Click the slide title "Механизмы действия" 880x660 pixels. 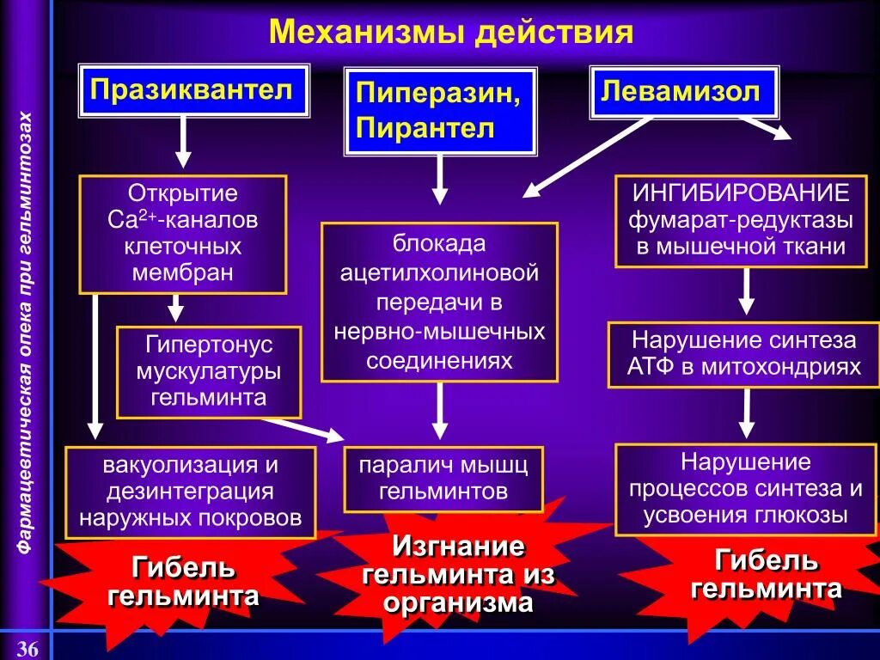451,33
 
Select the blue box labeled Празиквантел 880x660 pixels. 192,89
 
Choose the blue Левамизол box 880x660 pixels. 683,91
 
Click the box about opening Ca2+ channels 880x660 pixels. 182,234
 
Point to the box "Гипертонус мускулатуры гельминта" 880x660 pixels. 209,371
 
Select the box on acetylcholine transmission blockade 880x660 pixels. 439,302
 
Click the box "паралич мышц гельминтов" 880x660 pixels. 443,479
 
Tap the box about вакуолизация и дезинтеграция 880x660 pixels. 190,492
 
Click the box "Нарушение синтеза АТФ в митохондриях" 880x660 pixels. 743,353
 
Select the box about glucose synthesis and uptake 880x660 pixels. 745,489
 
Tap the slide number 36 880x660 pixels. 27,649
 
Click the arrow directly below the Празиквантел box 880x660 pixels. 183,142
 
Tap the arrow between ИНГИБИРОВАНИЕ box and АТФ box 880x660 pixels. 746,292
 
